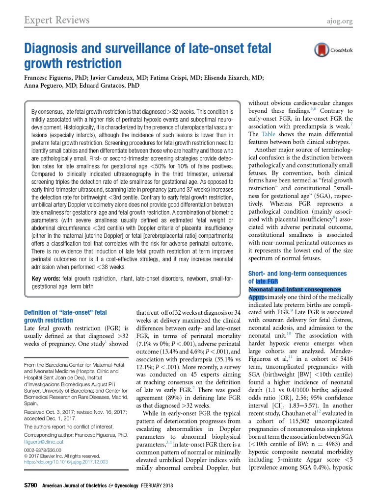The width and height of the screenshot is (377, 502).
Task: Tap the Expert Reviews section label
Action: (x=57, y=20)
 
